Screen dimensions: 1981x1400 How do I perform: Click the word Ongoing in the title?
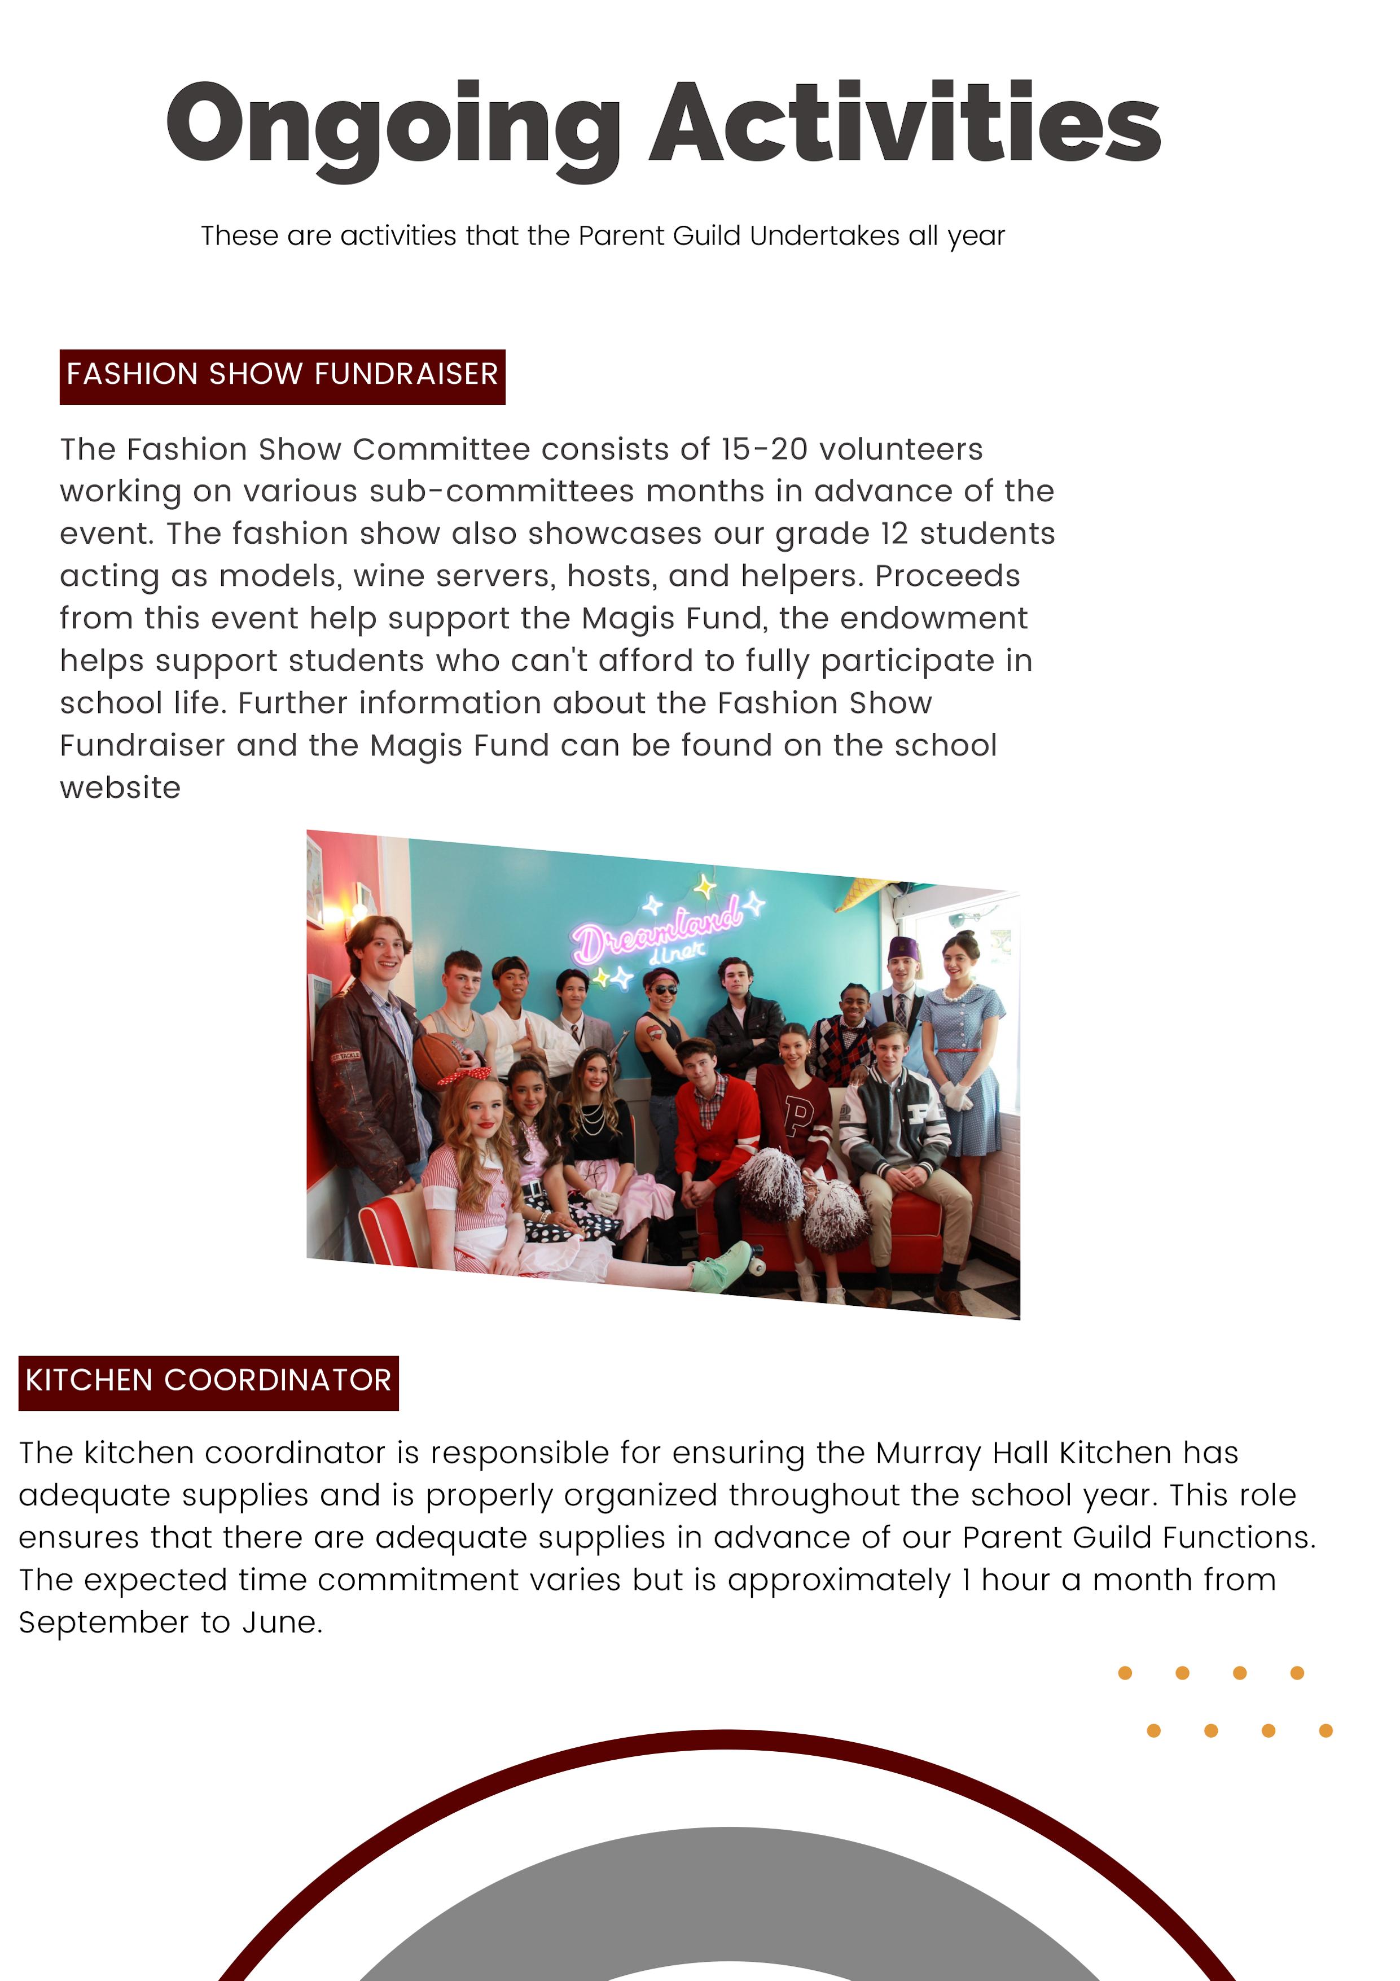click(393, 125)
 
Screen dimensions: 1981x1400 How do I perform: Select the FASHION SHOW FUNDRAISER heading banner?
click(282, 376)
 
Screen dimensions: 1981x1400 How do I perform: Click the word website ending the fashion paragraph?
click(120, 788)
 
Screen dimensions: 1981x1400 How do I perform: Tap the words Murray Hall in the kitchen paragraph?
click(964, 1453)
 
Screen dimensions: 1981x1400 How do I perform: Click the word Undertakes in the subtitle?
click(824, 235)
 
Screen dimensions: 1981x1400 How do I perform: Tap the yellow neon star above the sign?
click(705, 886)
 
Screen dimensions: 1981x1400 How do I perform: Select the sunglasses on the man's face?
click(664, 989)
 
